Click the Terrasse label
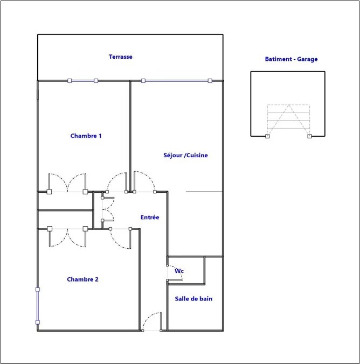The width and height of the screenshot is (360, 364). (121, 57)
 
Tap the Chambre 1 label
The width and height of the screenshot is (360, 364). (86, 136)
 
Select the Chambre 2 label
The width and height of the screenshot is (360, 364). (83, 279)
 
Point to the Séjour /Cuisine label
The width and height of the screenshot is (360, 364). (185, 155)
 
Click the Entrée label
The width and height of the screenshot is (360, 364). (150, 218)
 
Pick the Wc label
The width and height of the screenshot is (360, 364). (179, 271)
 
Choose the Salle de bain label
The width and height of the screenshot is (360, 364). (193, 299)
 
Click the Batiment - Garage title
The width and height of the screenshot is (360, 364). (291, 59)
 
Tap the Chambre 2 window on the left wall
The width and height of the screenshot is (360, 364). (37, 306)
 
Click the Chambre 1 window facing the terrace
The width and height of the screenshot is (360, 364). (83, 81)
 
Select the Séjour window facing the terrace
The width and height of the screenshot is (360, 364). (177, 81)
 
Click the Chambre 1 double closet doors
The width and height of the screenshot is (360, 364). (67, 183)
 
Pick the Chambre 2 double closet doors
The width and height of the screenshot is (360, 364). (67, 237)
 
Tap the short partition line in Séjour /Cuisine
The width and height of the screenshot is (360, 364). (204, 192)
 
